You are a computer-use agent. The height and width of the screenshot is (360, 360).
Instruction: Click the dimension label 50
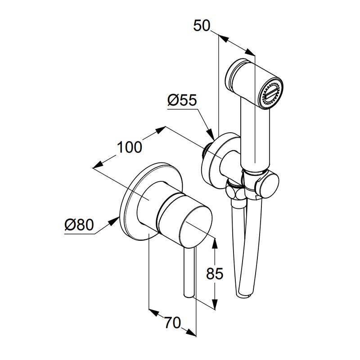click(x=202, y=26)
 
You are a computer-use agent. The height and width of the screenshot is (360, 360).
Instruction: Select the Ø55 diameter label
click(x=183, y=100)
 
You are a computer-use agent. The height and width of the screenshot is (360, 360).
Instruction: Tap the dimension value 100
click(x=130, y=147)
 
